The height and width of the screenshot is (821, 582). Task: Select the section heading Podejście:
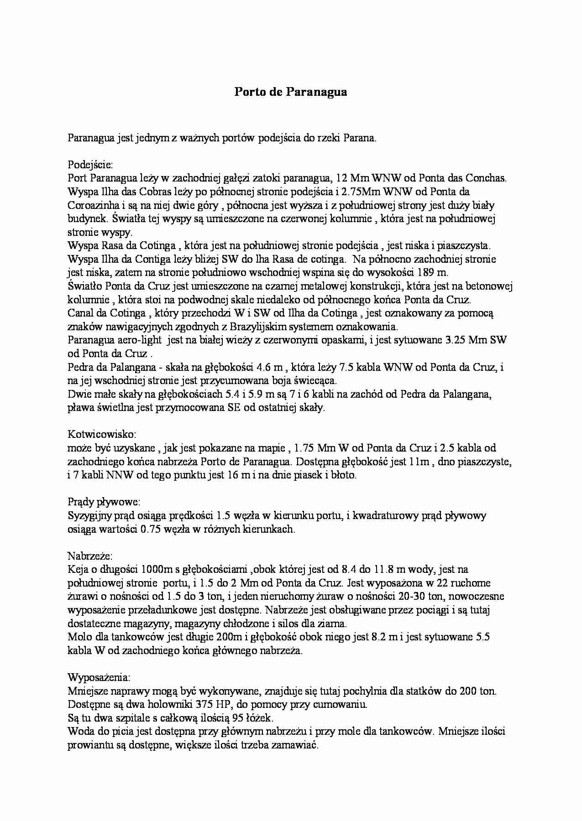point(87,164)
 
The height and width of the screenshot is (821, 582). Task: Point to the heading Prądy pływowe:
point(104,502)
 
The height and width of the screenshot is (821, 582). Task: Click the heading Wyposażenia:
point(99,677)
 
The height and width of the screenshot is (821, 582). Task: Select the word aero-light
point(140,340)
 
